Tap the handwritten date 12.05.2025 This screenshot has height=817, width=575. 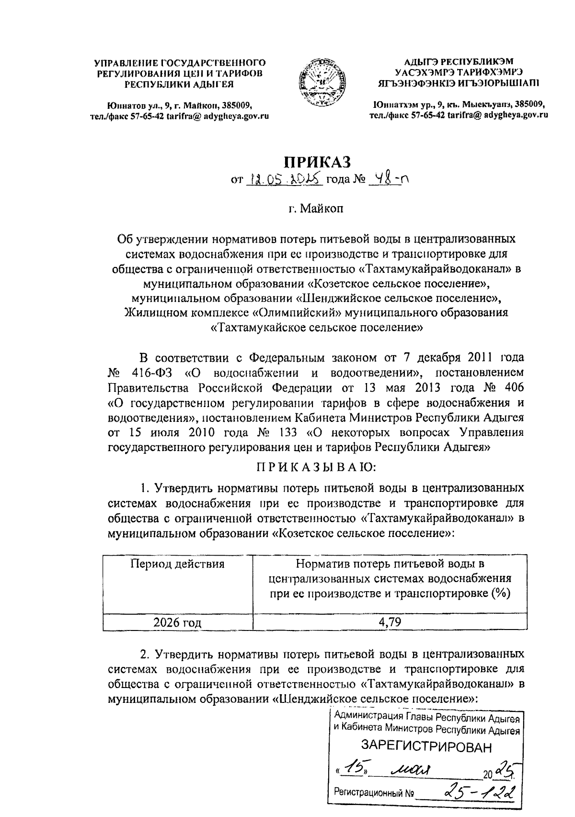coord(285,180)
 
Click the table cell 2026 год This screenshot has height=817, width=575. coord(177,623)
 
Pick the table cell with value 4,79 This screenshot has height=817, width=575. coord(390,622)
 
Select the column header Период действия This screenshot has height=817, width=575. coord(177,563)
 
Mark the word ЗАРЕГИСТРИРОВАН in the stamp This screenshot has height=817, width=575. coord(426,747)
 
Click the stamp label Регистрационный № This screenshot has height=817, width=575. coord(374,793)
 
